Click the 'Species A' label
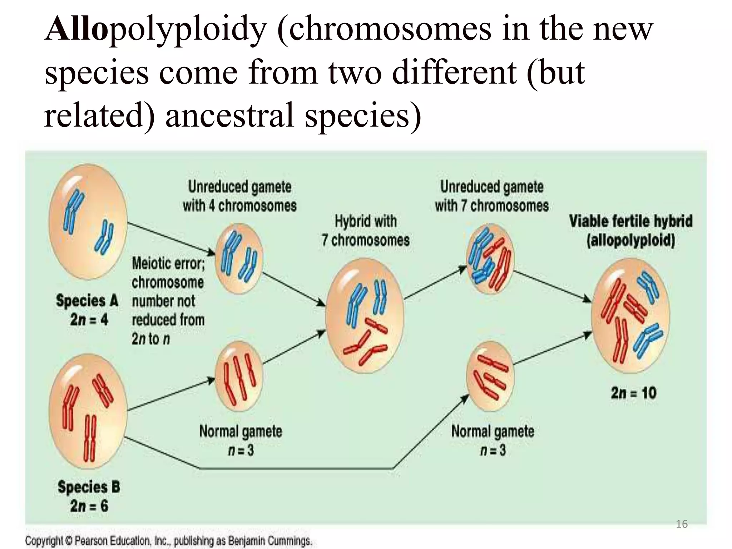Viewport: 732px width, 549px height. point(87,301)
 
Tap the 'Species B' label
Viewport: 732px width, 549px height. point(89,487)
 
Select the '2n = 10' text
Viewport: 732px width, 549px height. point(633,393)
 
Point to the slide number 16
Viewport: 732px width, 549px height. point(682,524)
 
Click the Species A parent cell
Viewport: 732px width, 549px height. point(88,222)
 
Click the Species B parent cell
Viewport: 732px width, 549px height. point(88,411)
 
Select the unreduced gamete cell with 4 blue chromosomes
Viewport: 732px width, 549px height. point(239,258)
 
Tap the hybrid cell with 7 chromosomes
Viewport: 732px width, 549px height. point(365,316)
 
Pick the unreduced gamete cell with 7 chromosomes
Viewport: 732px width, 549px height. point(490,258)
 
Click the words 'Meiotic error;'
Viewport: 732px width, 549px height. point(168,264)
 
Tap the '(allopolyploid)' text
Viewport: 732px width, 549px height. point(630,240)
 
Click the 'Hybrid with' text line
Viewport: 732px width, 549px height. point(366,221)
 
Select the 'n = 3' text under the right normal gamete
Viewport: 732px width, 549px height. point(493,450)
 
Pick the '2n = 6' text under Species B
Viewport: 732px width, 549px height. point(89,506)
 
